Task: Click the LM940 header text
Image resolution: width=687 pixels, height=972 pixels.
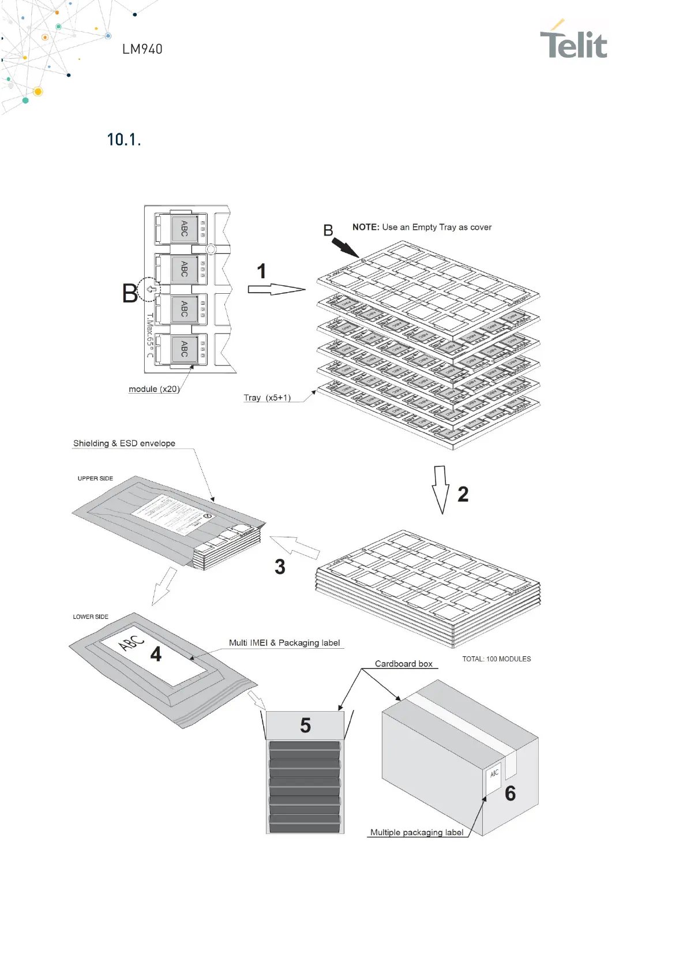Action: coord(142,50)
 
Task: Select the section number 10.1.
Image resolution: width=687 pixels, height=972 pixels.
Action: coord(124,140)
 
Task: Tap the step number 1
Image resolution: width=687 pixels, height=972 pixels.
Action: coord(261,271)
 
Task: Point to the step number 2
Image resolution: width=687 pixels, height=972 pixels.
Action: coord(463,494)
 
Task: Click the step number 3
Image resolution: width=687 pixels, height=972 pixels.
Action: coord(280,567)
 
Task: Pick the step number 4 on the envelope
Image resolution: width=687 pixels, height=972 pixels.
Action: coord(156,654)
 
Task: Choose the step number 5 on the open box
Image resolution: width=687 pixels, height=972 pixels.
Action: coord(305,726)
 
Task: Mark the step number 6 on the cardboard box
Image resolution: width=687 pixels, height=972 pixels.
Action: coord(510,794)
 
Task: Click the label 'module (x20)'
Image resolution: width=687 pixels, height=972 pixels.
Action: coord(154,389)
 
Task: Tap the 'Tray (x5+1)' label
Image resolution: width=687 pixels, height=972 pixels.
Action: coord(267,398)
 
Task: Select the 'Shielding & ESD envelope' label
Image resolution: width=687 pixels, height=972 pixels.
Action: coord(124,443)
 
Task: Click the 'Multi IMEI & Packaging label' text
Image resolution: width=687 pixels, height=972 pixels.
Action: coord(284,643)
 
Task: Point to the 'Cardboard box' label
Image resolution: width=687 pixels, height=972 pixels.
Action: coord(403,664)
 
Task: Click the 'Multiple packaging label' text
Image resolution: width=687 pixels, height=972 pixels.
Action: coord(416,832)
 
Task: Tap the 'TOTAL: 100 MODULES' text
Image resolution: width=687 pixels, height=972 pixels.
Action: coord(496,659)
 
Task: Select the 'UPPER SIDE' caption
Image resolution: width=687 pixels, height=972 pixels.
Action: coord(95,478)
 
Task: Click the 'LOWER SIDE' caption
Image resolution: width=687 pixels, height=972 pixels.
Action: coord(91,617)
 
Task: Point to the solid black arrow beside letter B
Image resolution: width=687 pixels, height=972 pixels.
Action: coord(345,248)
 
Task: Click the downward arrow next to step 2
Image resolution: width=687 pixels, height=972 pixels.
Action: coord(441,489)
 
